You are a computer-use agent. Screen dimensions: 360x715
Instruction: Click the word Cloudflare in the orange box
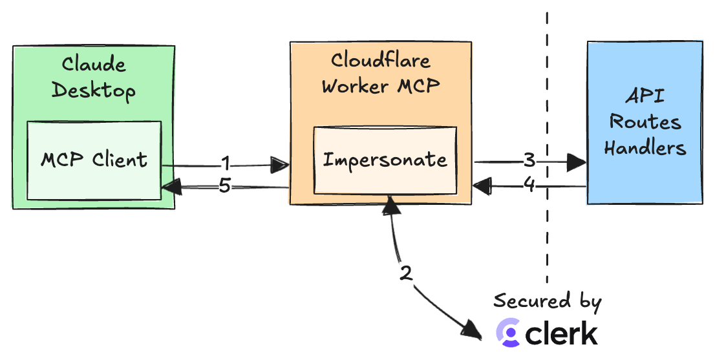click(381, 60)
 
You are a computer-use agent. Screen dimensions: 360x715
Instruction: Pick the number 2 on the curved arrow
click(406, 273)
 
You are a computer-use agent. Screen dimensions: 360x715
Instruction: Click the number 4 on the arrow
click(529, 185)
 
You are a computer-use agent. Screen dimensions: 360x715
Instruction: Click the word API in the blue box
click(645, 97)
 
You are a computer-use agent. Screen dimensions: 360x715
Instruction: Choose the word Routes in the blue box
click(645, 122)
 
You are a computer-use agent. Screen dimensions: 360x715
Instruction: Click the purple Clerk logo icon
click(508, 333)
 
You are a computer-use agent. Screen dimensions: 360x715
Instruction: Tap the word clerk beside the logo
click(561, 333)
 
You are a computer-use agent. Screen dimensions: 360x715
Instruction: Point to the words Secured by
click(547, 302)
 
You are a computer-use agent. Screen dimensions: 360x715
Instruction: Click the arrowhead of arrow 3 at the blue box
click(577, 163)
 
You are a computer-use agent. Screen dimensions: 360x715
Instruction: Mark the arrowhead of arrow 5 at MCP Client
click(171, 187)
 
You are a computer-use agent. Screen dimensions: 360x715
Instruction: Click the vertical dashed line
click(547, 246)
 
